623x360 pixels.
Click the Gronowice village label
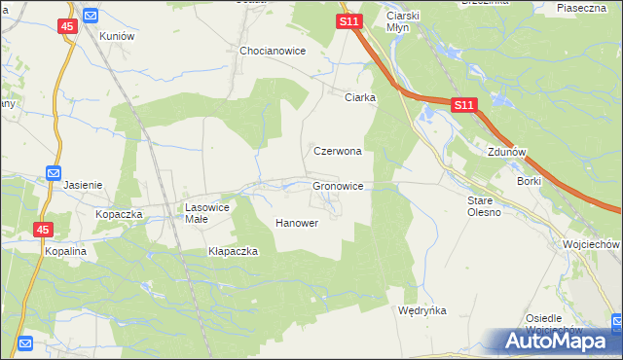338,185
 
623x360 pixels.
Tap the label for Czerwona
338,152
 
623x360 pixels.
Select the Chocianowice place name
274,51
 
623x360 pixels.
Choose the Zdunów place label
506,153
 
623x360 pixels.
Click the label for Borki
529,181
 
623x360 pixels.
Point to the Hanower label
298,223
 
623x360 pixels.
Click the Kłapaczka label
233,251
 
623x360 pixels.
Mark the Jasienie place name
83,184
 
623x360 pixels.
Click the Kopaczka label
120,213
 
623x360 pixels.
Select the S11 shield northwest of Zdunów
463,105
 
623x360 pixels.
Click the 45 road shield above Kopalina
44,230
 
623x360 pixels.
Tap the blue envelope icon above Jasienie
55,173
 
